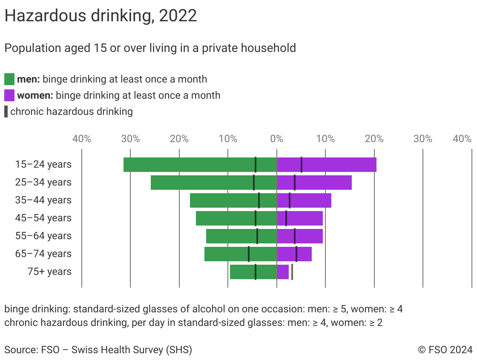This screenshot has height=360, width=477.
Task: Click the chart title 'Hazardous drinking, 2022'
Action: pyautogui.click(x=101, y=16)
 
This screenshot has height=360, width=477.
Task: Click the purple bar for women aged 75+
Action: pyautogui.click(x=283, y=272)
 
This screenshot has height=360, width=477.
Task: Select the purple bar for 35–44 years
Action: pyautogui.click(x=311, y=200)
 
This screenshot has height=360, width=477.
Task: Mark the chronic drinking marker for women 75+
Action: pyautogui.click(x=292, y=272)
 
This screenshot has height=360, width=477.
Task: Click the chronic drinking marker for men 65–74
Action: pyautogui.click(x=249, y=254)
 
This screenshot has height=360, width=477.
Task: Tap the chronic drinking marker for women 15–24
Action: pyautogui.click(x=302, y=165)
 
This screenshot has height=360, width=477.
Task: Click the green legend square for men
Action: pyautogui.click(x=9, y=79)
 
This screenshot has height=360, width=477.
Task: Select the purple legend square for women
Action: pyautogui.click(x=9, y=95)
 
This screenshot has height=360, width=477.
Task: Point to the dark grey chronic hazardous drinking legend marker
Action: pyautogui.click(x=6, y=111)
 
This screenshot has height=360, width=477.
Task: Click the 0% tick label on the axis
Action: pyautogui.click(x=277, y=139)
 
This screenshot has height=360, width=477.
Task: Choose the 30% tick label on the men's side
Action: pyautogui.click(x=130, y=139)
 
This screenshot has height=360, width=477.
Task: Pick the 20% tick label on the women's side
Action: pyautogui.click(x=374, y=139)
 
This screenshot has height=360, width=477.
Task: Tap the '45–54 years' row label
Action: pyautogui.click(x=43, y=218)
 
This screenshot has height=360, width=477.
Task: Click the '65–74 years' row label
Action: pyautogui.click(x=43, y=254)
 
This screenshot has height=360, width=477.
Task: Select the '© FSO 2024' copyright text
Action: pyautogui.click(x=445, y=350)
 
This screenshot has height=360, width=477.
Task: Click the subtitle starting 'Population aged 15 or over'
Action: pyautogui.click(x=150, y=48)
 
